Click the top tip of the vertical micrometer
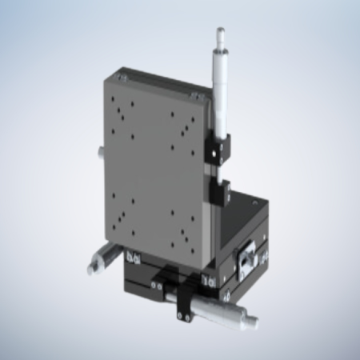[219, 32]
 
